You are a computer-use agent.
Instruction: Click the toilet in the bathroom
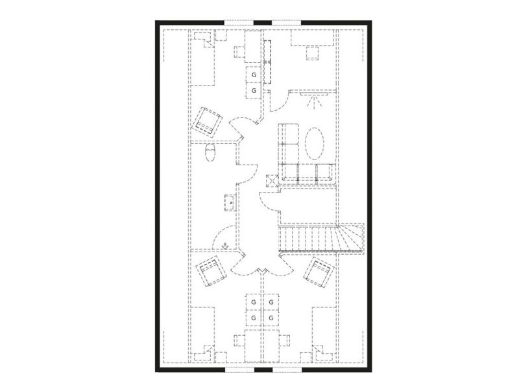pyautogui.click(x=210, y=152)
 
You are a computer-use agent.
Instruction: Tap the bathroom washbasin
pyautogui.click(x=229, y=203)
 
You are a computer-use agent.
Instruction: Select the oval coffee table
pyautogui.click(x=315, y=143)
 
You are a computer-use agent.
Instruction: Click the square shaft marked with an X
pyautogui.click(x=272, y=181)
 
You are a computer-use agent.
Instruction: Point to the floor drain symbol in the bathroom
pyautogui.click(x=225, y=246)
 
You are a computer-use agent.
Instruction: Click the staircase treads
pyautogui.click(x=321, y=238)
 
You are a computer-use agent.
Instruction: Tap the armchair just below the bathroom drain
pyautogui.click(x=211, y=271)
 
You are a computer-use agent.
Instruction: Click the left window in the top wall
pyautogui.click(x=239, y=23)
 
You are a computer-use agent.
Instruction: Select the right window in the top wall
pyautogui.click(x=287, y=23)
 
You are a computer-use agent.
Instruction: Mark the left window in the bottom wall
pyautogui.click(x=239, y=370)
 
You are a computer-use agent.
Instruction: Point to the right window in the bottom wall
pyautogui.click(x=287, y=370)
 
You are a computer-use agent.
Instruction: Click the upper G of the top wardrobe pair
pyautogui.click(x=254, y=75)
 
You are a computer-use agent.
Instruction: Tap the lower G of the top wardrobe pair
pyautogui.click(x=254, y=90)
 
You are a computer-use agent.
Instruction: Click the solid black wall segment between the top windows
pyautogui.click(x=263, y=23)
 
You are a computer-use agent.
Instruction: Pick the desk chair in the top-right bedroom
pyautogui.click(x=312, y=53)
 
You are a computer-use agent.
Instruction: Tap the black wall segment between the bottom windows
pyautogui.click(x=263, y=370)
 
